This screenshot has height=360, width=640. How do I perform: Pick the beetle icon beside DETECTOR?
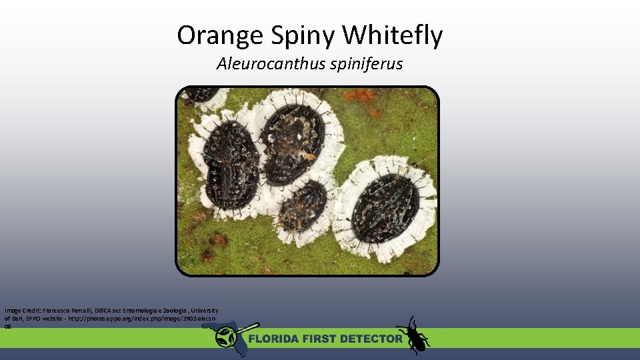pos(413,335)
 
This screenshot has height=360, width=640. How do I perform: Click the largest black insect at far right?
pos(385,208)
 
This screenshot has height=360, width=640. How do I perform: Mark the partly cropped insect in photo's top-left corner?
pos(199,94)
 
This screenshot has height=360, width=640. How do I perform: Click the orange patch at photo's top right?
pos(360,97)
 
